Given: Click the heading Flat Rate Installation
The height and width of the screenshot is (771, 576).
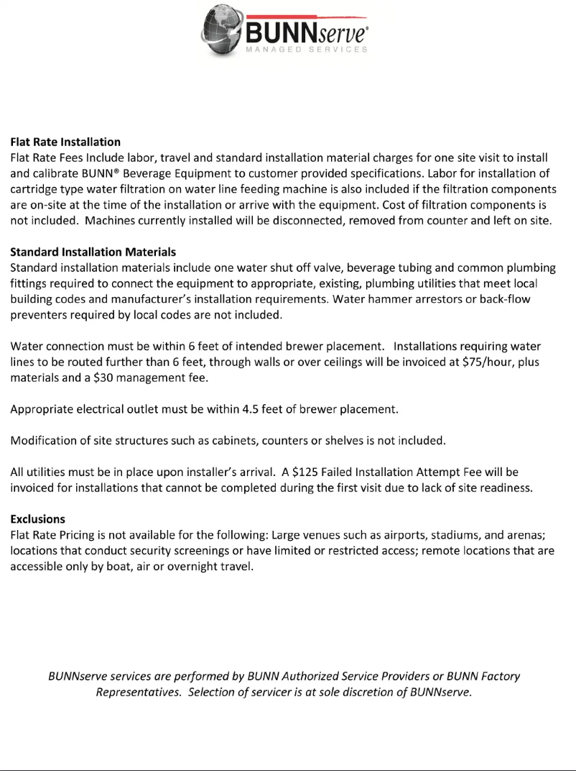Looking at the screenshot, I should [x=65, y=142].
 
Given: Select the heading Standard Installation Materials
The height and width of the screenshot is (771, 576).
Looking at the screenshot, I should [x=93, y=252].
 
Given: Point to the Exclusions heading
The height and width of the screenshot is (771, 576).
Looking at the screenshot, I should [x=37, y=519].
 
